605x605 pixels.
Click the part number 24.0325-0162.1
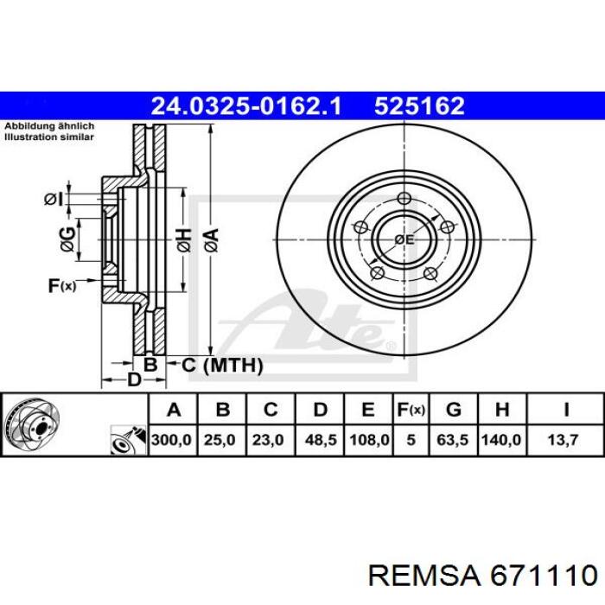tap(247, 105)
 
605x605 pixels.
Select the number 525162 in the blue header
tap(419, 105)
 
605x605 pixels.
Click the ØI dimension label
tap(54, 200)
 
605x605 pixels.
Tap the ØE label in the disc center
tap(404, 239)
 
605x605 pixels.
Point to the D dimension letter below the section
tap(134, 379)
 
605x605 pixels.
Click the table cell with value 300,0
tap(172, 440)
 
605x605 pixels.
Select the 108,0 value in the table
tap(367, 440)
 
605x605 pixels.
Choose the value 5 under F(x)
tap(411, 440)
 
